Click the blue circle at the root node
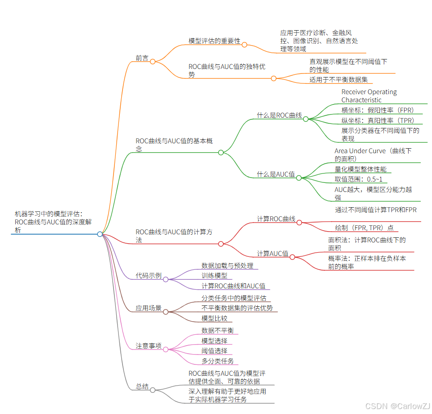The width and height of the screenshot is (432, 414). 100,234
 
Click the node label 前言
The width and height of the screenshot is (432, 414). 142,58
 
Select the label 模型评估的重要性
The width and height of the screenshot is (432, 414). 214,41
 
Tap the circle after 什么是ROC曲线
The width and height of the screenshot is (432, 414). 305,119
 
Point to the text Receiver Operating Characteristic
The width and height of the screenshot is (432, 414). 369,96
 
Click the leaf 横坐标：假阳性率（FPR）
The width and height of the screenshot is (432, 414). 377,110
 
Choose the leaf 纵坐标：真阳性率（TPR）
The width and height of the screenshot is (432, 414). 377,121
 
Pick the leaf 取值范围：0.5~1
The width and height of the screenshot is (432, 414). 358,179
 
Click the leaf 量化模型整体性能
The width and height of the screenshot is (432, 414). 360,169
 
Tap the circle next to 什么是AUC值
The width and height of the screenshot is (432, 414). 299,177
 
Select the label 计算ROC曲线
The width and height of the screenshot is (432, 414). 276,219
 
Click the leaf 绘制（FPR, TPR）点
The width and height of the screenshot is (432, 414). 364,228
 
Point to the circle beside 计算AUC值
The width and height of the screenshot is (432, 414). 292,257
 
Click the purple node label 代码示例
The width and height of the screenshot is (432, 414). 149,276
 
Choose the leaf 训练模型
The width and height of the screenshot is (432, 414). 214,276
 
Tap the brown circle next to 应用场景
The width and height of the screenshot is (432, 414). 165,312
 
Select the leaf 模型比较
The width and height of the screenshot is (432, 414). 214,318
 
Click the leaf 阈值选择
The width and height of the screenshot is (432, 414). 214,351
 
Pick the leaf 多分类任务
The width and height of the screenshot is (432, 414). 218,361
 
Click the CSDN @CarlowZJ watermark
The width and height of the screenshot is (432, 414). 398,406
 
